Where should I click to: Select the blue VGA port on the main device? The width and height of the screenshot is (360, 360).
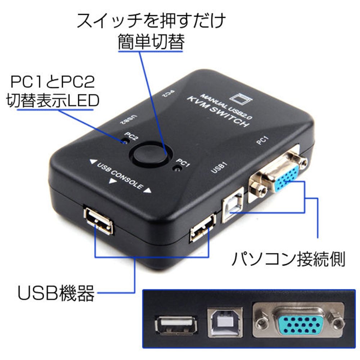click(284, 177)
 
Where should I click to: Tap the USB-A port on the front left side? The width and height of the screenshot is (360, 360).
click(98, 220)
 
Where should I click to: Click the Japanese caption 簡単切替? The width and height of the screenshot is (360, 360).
click(151, 42)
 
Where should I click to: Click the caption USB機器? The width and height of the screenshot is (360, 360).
click(56, 293)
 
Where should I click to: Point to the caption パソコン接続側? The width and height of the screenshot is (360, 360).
click(288, 259)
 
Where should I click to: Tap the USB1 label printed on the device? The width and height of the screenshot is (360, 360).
click(218, 167)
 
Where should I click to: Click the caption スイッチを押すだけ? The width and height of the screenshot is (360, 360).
click(151, 21)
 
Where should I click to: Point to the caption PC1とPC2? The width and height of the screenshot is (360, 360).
click(53, 82)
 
